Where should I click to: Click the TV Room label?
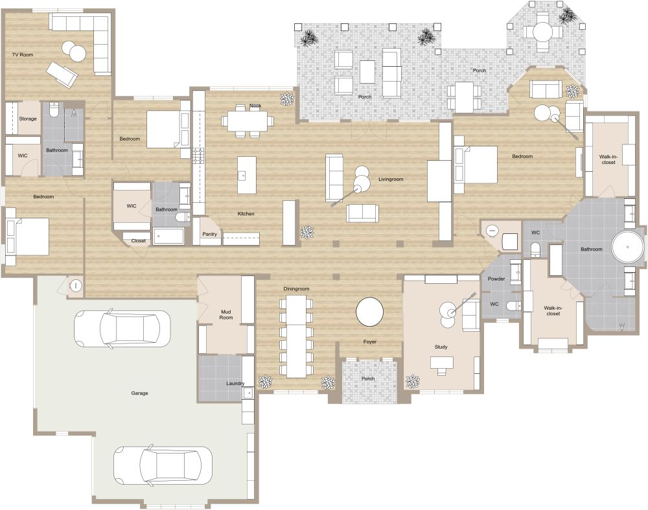point(23,55)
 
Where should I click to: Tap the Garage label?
point(139,393)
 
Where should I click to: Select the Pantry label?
point(209,235)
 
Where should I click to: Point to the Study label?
point(441,347)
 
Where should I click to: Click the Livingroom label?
point(391,180)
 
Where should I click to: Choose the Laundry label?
point(235,383)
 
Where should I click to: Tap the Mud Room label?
point(226,314)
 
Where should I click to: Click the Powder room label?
point(496,279)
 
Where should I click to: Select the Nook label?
point(255,106)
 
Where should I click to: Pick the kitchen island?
point(246,175)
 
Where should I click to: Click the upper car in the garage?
point(121,329)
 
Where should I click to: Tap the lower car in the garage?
point(163,464)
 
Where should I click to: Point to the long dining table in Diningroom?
point(295,336)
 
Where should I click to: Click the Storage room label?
point(28,119)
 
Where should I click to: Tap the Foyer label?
point(369,342)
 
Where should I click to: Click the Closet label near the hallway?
point(139,241)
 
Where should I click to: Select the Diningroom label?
point(296,288)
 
